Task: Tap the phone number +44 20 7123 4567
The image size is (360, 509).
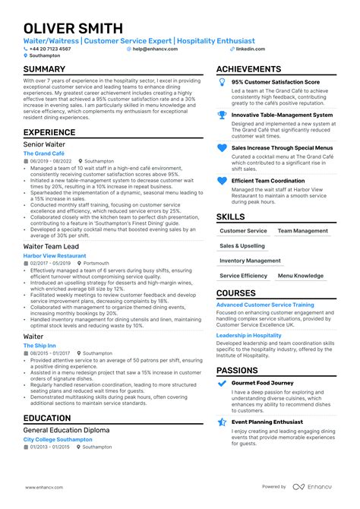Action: point(50,49)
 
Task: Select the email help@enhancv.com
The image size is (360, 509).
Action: point(155,49)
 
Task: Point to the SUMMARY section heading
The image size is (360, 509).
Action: point(44,69)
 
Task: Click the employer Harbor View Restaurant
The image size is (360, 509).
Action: point(55,256)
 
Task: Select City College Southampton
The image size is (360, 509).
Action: point(58,439)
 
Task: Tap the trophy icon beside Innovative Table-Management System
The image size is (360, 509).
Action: point(222,115)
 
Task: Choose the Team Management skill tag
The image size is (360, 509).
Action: point(302,231)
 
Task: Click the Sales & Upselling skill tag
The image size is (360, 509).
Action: point(242,246)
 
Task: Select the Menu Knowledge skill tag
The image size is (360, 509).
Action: point(300,276)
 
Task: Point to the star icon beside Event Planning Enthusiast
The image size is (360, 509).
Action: point(222,422)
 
